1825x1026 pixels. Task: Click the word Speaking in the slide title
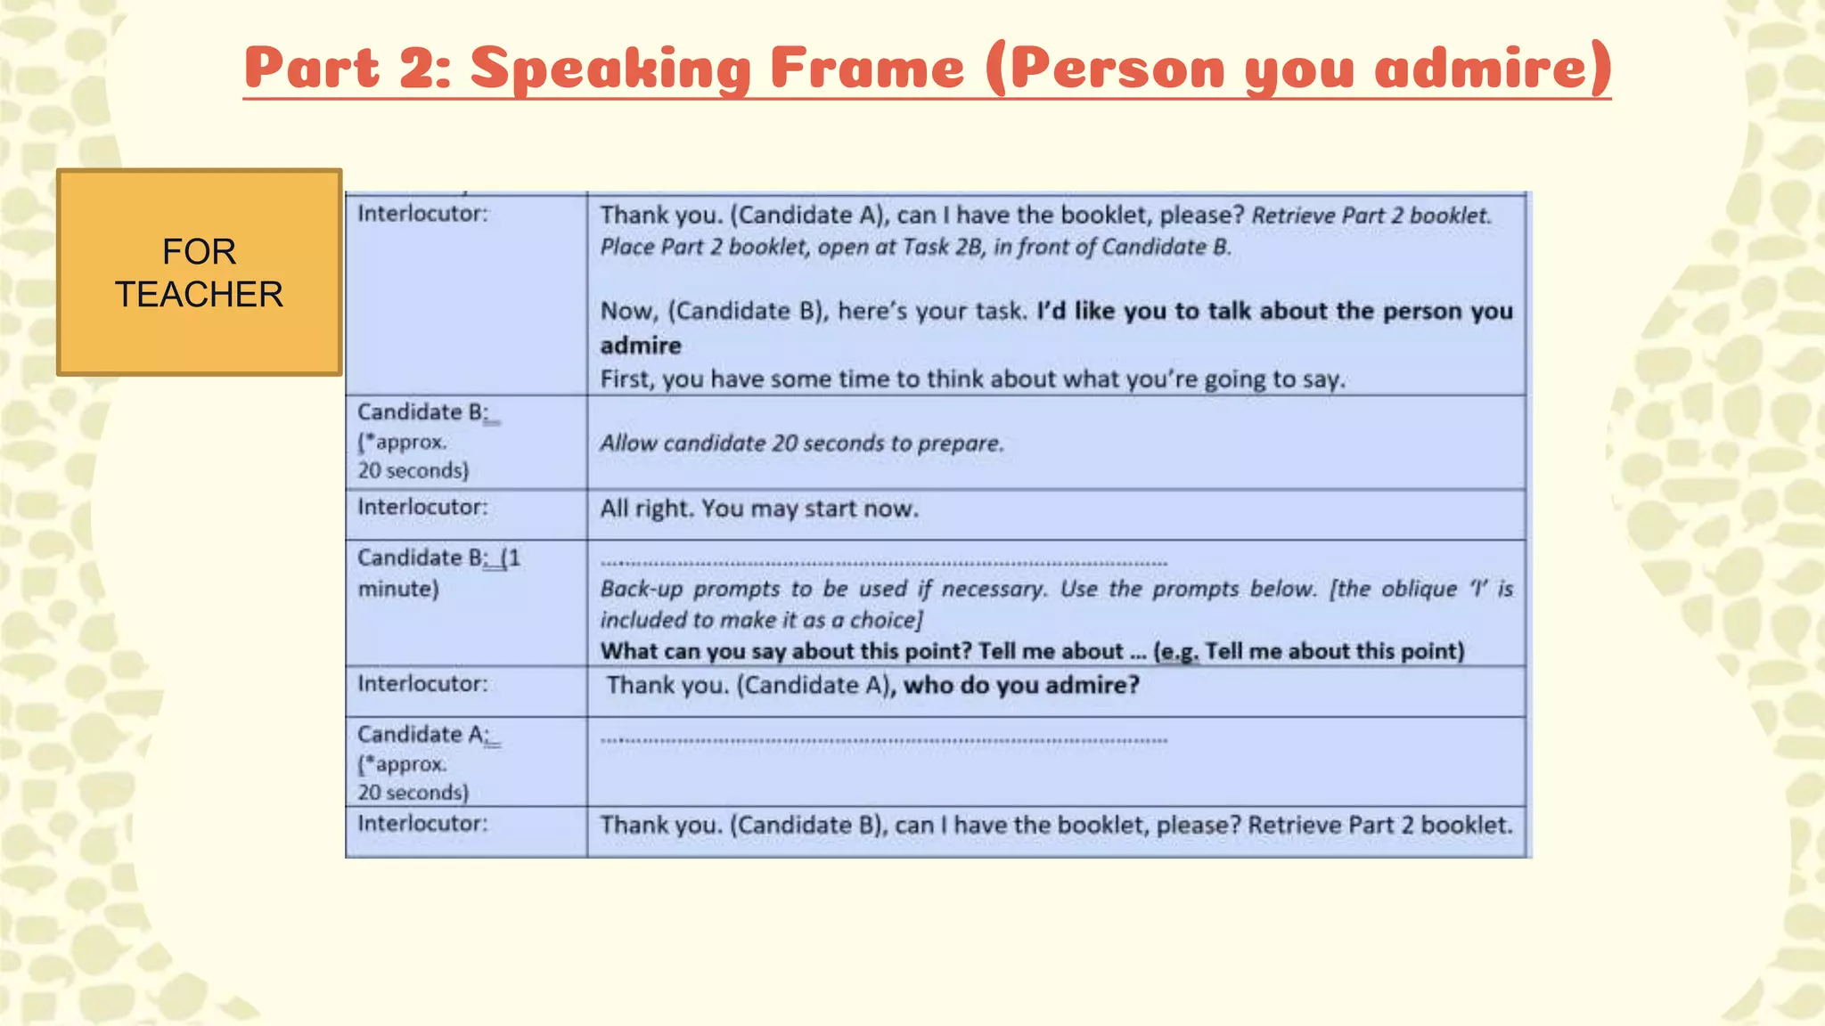pos(610,69)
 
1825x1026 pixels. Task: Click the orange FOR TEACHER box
pos(199,273)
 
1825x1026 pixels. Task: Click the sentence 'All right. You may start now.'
pos(758,509)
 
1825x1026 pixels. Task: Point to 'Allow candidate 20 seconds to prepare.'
pos(801,444)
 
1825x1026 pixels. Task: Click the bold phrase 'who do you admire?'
pos(1021,686)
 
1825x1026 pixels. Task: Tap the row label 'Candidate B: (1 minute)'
pos(438,573)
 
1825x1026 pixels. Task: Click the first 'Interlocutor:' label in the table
pos(422,214)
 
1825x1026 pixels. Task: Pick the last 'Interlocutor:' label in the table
pos(422,824)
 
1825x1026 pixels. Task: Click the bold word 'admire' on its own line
pos(640,346)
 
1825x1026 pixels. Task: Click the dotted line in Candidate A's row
pos(883,740)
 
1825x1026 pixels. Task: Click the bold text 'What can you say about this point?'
pos(785,652)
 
